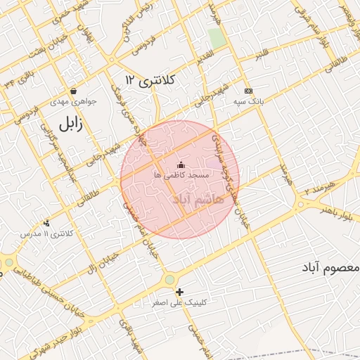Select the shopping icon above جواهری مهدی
click(74, 91)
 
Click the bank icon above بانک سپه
click(248, 91)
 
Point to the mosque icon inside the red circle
click(181, 165)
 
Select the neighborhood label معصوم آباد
click(330, 268)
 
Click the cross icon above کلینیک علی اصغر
click(180, 292)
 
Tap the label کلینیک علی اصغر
click(180, 303)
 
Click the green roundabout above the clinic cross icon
click(169, 279)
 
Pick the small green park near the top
click(217, 38)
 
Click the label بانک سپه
click(248, 101)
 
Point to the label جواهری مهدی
click(74, 101)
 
